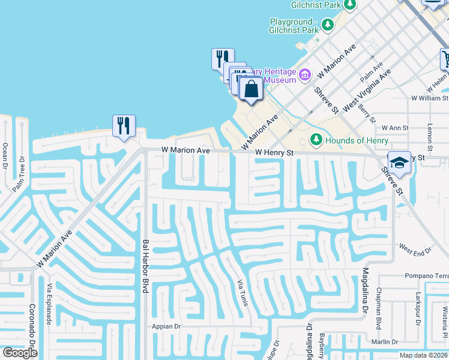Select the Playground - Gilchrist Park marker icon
[x=327, y=25]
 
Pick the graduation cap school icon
[x=399, y=163]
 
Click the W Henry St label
[x=274, y=153]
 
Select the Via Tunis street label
[x=243, y=292]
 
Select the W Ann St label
[x=395, y=128]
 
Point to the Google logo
[x=20, y=353]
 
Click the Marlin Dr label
[x=384, y=341]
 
